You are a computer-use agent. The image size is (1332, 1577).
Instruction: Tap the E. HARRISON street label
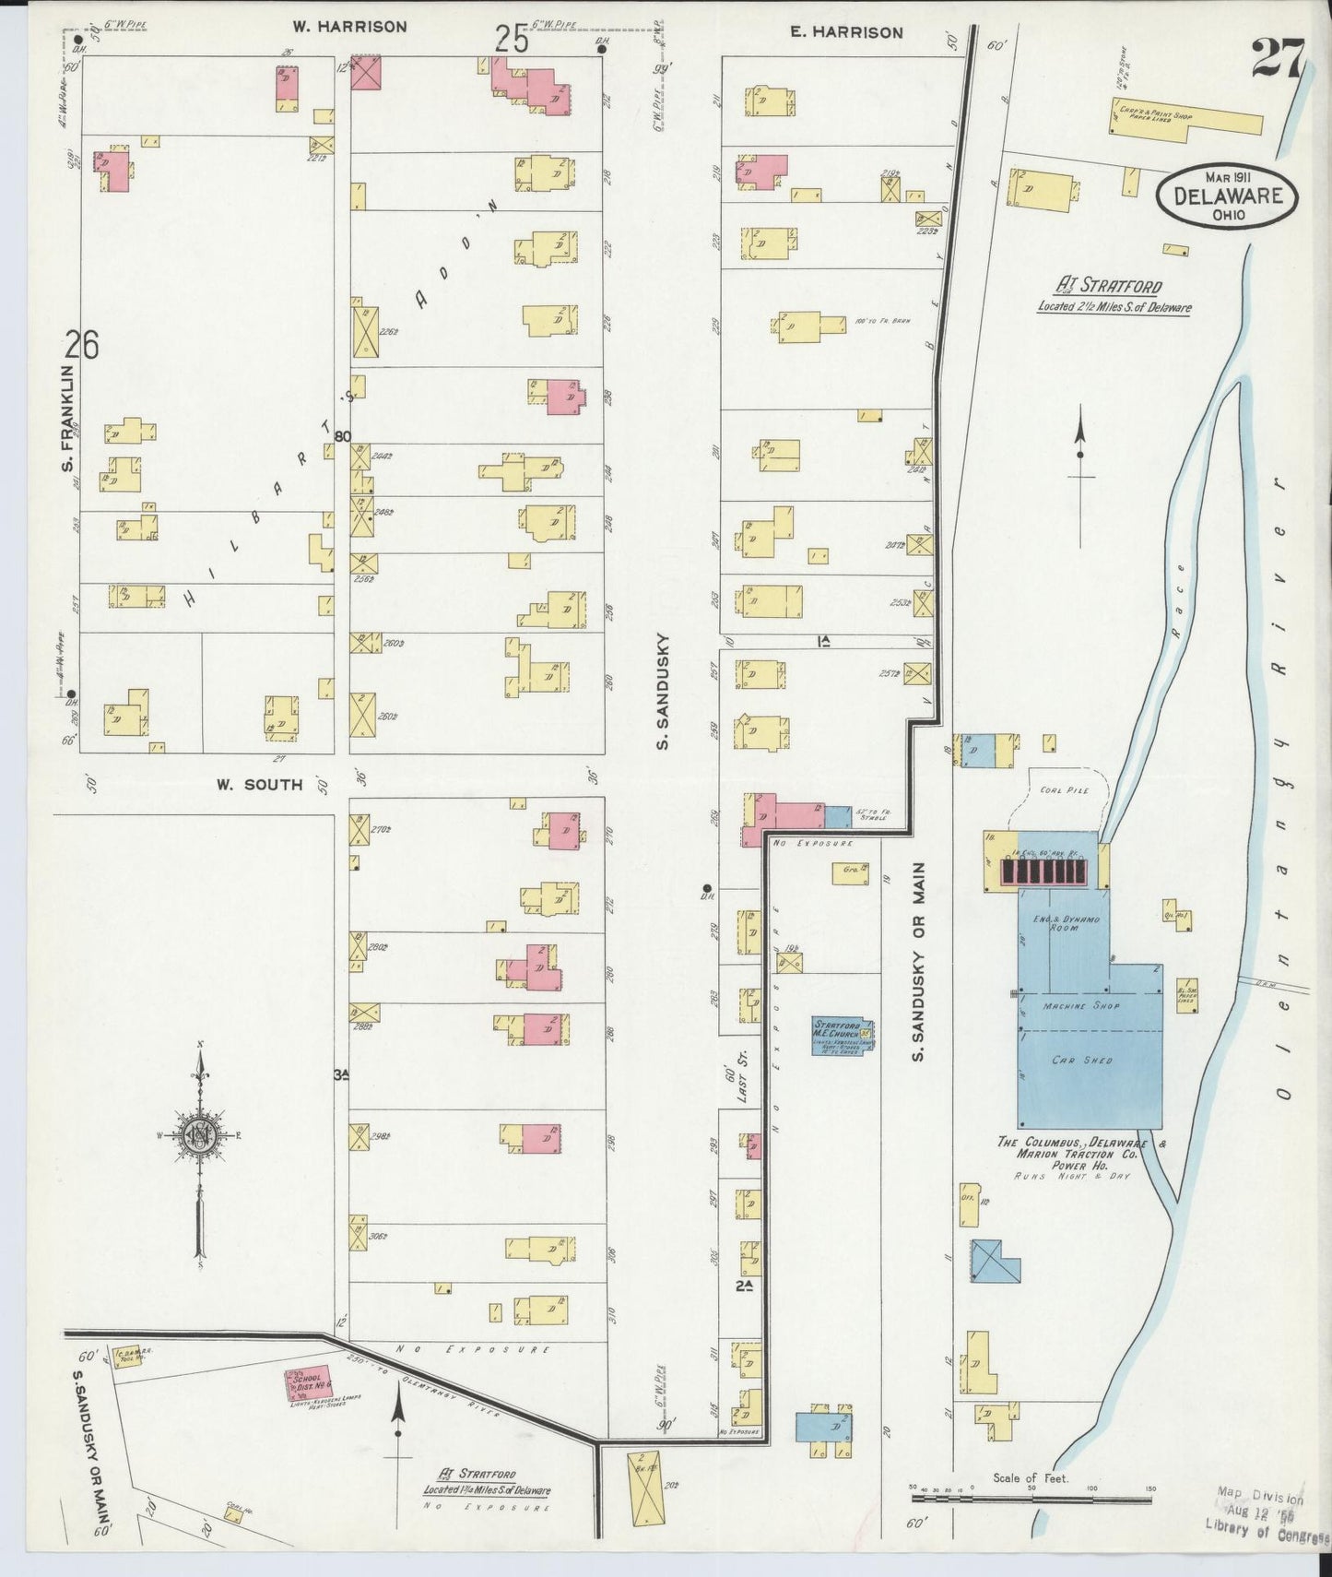[846, 32]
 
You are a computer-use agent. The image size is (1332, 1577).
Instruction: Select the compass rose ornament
[198, 1136]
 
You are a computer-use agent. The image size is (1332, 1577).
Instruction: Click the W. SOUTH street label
[259, 785]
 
